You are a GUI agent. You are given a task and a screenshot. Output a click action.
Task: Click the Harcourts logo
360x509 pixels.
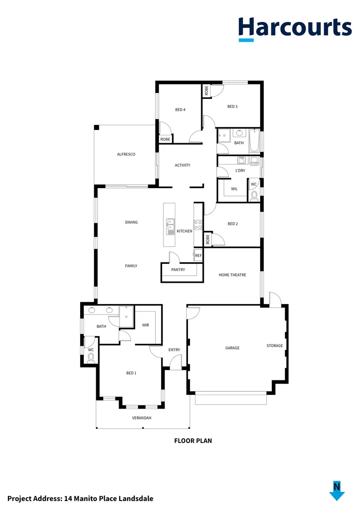pos(295,28)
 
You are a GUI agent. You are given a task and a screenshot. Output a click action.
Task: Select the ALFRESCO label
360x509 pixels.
pos(126,154)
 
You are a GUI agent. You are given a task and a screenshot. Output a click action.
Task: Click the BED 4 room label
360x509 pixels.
pos(180,110)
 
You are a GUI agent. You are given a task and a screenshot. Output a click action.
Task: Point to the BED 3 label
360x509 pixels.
pos(232,107)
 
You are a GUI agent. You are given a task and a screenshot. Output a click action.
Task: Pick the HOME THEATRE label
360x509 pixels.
pos(232,275)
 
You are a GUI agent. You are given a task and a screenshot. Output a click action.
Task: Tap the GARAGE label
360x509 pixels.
pos(232,348)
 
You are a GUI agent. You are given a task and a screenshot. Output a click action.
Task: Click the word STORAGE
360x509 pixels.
pos(275,345)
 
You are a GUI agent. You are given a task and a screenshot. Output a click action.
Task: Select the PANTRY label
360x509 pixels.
pos(178,270)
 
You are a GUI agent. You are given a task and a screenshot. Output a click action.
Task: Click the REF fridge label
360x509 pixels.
pos(198,255)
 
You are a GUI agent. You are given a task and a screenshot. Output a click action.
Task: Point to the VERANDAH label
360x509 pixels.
pos(141,418)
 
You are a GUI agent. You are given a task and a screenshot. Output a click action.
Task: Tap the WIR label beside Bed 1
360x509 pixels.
pos(145,325)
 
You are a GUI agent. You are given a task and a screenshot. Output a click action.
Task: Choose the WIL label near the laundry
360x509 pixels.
pos(234,189)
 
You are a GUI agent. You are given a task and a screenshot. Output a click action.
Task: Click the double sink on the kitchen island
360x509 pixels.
pos(170,226)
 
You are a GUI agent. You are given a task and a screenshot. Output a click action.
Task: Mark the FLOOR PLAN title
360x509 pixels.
pos(193,441)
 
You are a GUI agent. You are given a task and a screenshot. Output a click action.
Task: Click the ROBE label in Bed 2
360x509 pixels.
pos(207,239)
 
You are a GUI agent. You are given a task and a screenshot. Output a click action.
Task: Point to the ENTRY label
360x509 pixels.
pos(174,350)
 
